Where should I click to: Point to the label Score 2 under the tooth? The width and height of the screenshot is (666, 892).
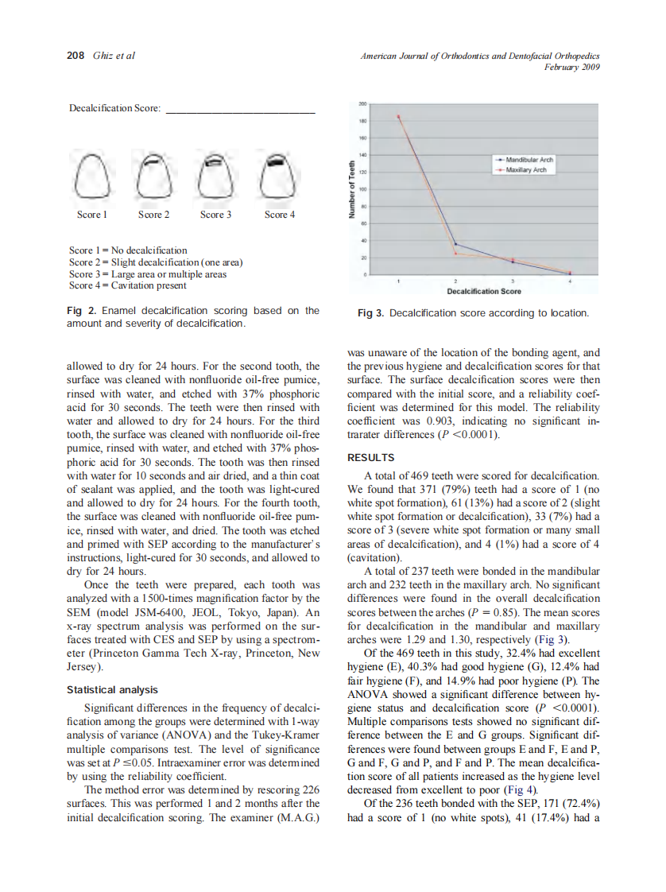(153, 215)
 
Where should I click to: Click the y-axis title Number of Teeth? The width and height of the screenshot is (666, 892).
(352, 191)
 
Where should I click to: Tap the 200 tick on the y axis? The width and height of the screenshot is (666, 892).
(362, 104)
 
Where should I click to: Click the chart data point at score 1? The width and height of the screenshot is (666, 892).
(399, 117)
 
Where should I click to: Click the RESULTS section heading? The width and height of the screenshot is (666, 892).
(370, 458)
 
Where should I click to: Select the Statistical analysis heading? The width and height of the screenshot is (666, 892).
(112, 690)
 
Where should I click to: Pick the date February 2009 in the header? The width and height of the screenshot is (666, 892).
(571, 67)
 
